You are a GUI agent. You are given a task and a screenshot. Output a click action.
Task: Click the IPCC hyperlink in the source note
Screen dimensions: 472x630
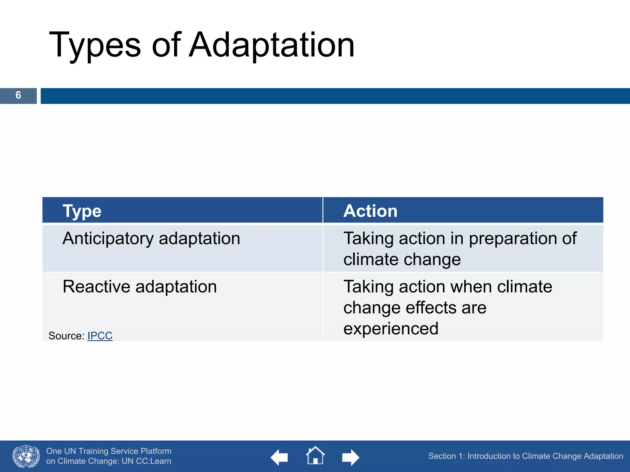pos(100,336)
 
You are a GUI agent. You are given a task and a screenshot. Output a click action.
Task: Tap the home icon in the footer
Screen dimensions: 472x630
pos(315,456)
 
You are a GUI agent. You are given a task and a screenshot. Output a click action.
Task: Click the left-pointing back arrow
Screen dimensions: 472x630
pos(279,457)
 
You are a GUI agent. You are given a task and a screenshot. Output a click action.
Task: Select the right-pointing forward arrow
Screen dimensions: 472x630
pos(351,457)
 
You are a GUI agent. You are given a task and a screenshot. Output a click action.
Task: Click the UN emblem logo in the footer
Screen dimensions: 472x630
pos(26,456)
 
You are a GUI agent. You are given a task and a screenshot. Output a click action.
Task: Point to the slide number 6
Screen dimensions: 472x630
pos(18,95)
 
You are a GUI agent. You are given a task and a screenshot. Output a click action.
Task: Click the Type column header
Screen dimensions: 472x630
pos(82,211)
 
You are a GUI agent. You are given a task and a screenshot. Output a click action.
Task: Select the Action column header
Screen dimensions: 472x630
pos(370,211)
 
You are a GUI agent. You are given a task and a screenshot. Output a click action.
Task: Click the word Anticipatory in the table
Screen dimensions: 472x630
pos(108,239)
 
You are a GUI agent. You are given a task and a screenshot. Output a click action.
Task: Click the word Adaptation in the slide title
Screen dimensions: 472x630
pos(272,45)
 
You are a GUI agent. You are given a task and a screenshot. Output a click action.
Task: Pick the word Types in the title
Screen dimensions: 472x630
pos(95,45)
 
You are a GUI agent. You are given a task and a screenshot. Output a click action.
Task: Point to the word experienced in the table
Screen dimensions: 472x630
pos(391,329)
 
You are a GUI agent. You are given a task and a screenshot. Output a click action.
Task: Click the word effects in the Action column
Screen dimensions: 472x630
pos(429,308)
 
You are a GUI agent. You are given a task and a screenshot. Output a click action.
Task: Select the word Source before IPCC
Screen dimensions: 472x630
pos(65,336)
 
